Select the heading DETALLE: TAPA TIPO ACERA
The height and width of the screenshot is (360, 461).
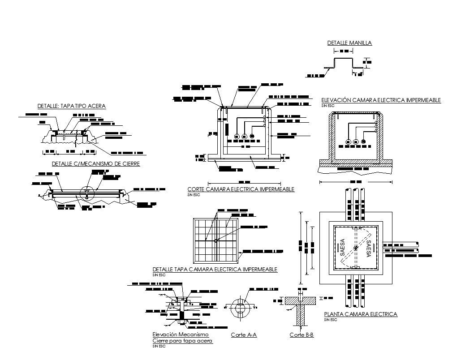click(72, 106)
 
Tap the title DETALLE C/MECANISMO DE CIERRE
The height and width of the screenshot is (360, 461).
click(96, 164)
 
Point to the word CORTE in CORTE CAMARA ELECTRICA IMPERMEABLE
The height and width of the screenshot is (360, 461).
click(196, 189)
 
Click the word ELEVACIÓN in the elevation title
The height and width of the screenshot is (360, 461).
click(336, 100)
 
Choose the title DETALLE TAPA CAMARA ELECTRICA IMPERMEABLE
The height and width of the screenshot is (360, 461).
click(215, 270)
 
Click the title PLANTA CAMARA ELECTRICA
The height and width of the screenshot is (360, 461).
click(360, 314)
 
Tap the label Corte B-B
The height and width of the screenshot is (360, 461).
click(301, 335)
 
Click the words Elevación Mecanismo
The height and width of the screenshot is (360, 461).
click(181, 335)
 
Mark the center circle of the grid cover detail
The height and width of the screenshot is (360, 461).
click(215, 241)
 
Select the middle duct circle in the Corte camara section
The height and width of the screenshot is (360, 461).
click(244, 137)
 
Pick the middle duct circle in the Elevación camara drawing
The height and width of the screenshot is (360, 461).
click(356, 142)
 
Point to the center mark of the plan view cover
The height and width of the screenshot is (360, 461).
click(355, 247)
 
